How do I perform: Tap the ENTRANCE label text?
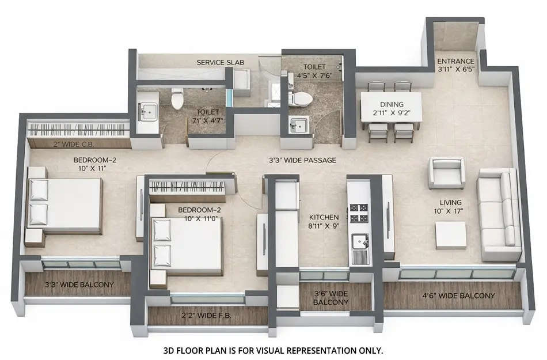click(x=455, y=61)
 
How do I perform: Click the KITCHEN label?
click(x=324, y=217)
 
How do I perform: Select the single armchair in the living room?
click(x=446, y=172)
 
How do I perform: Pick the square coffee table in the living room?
click(x=450, y=234)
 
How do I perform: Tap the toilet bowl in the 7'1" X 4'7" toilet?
click(x=177, y=99)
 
